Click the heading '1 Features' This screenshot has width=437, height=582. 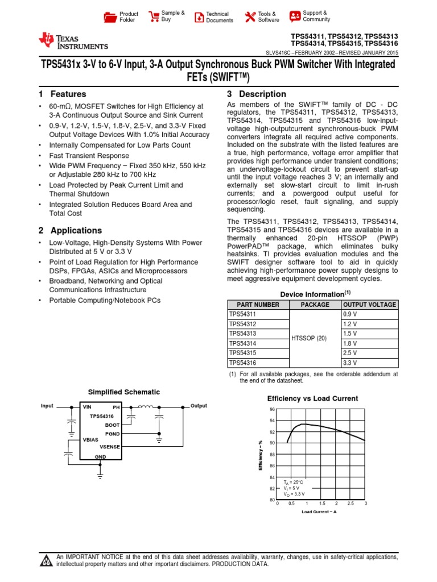[63, 94]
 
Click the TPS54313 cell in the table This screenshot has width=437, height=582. [242, 333]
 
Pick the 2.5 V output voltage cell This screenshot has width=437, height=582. [350, 352]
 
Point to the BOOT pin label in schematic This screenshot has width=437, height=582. [112, 425]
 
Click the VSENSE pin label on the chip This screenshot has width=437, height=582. [109, 447]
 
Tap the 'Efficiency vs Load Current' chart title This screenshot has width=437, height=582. [312, 398]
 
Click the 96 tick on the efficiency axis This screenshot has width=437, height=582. [272, 409]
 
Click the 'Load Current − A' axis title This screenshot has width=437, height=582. [319, 512]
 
